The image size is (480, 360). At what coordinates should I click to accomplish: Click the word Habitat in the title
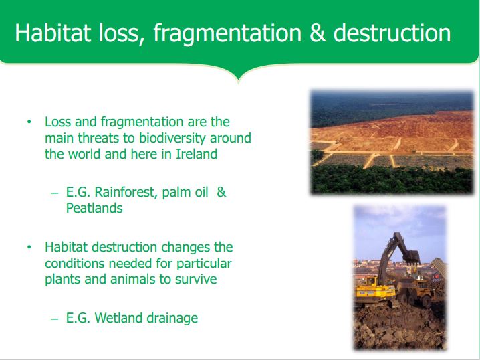[x=53, y=33]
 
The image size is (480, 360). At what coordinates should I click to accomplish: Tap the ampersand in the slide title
[x=318, y=33]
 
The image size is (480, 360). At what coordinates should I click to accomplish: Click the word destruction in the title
[x=392, y=33]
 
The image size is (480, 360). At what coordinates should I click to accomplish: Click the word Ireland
[x=197, y=153]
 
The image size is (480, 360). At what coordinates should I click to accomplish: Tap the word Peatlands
[x=94, y=208]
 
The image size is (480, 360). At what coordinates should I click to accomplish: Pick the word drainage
[x=172, y=319]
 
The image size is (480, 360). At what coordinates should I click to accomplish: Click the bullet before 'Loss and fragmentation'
[x=29, y=122]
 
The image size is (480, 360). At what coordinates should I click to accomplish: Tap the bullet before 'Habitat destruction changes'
[x=29, y=248]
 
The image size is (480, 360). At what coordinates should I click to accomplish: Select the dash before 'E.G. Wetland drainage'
[x=55, y=319]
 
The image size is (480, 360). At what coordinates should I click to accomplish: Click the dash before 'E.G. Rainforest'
[x=55, y=193]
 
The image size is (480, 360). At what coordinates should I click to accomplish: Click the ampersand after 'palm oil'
[x=221, y=192]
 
